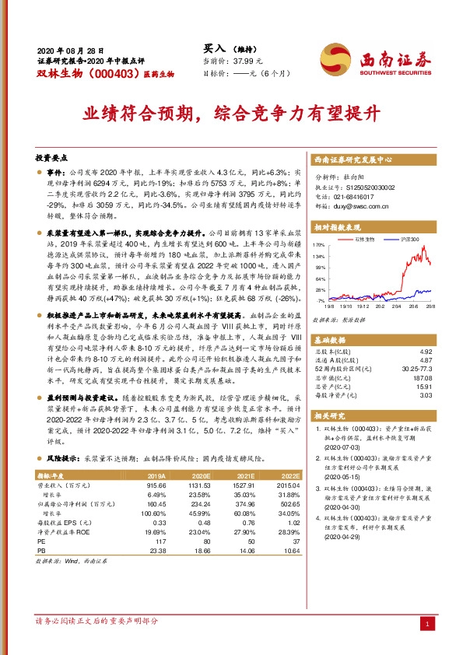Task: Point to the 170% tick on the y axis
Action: [320, 245]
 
